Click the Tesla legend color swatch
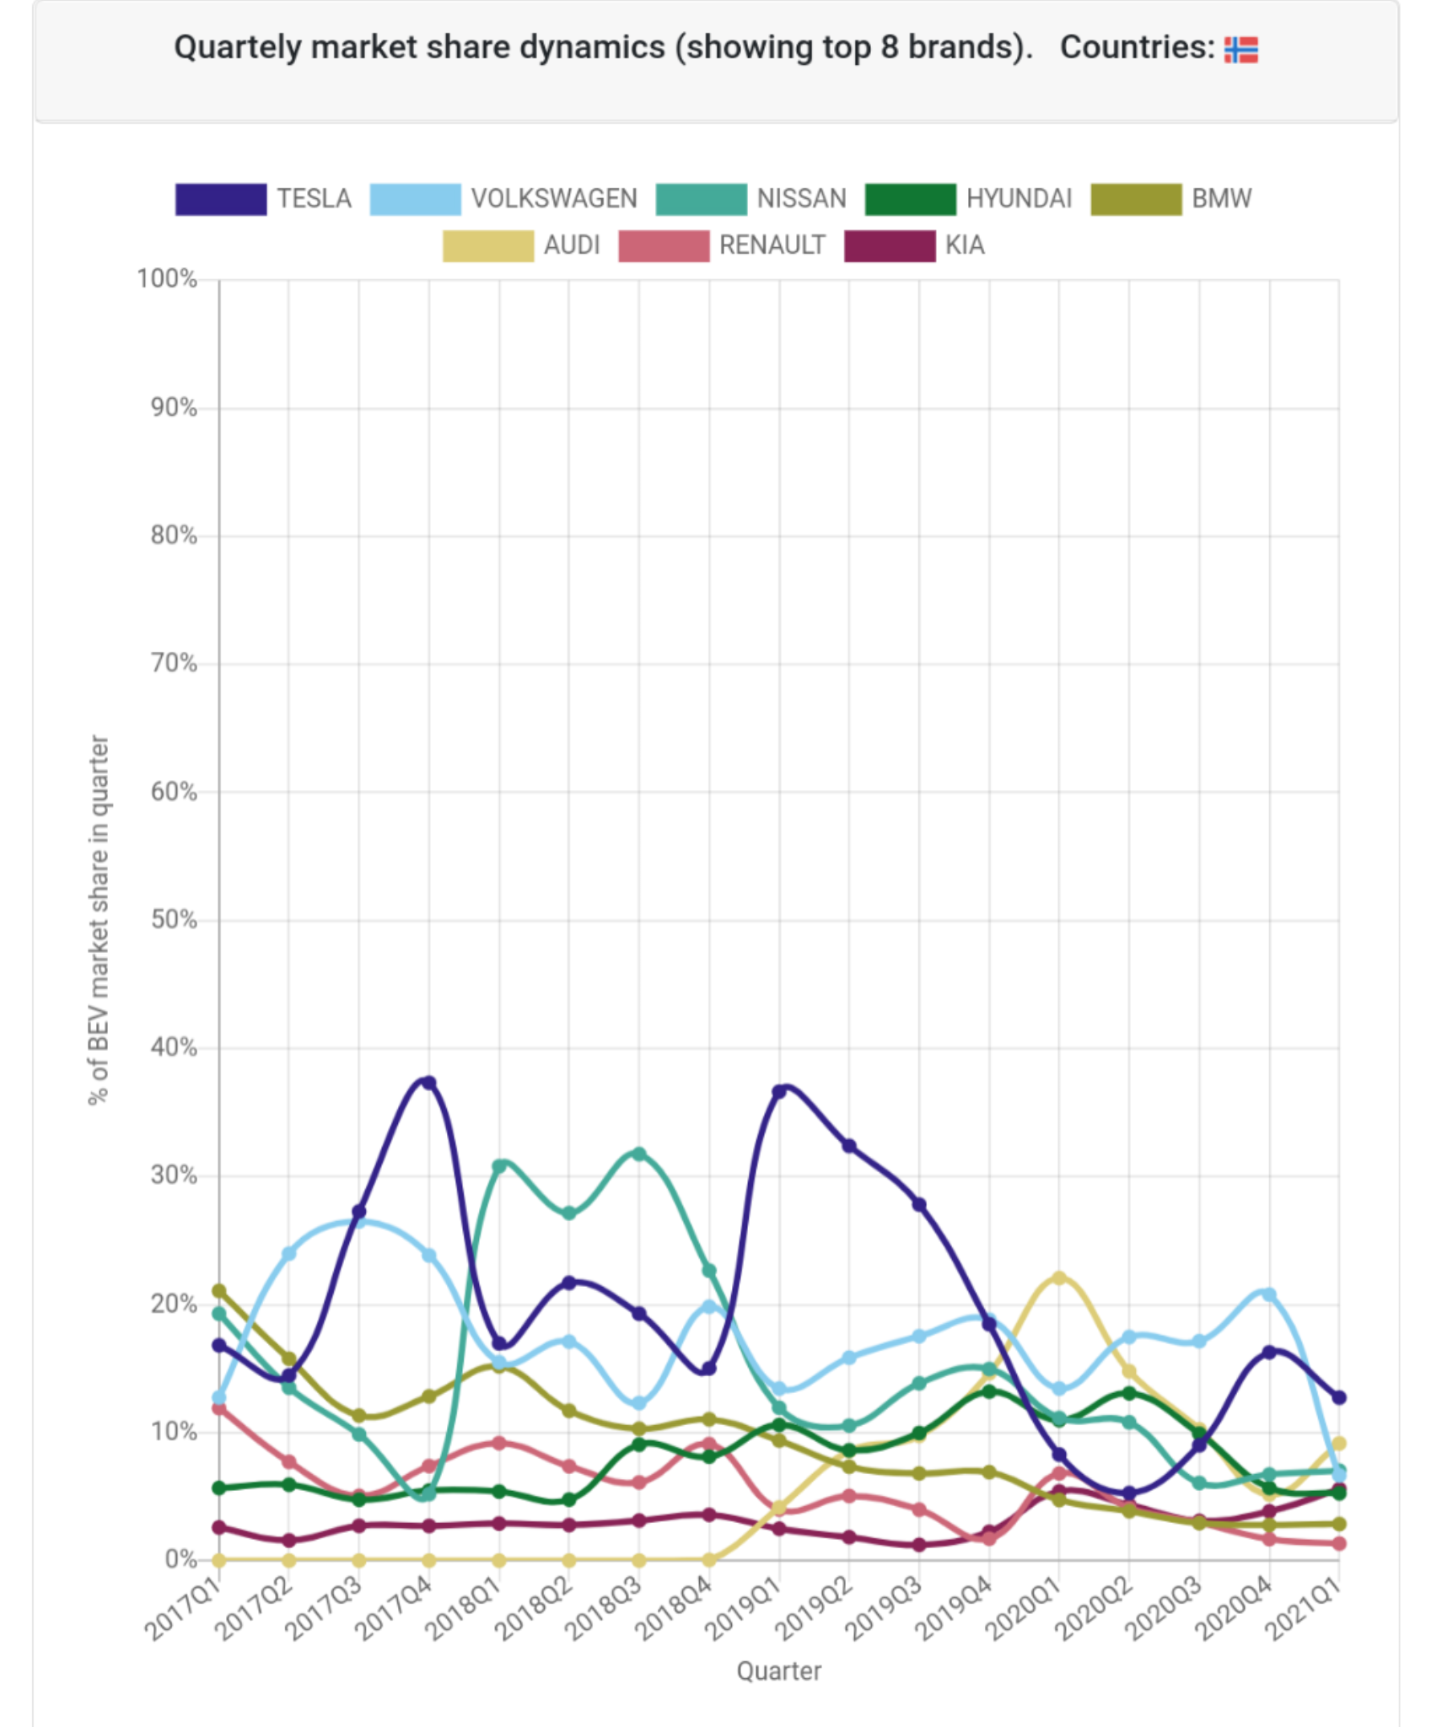221,199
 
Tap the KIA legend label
964,245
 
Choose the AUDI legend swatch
488,245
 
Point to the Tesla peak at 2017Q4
428,1083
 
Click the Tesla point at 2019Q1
779,1092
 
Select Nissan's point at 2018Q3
639,1154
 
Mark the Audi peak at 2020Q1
1059,1278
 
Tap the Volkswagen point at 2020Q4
1269,1294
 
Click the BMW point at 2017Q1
219,1291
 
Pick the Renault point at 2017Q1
219,1407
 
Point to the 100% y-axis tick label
167,279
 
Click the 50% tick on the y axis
173,920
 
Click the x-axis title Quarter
778,1671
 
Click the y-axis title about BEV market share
99,919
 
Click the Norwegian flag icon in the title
1240,50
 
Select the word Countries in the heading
1136,48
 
